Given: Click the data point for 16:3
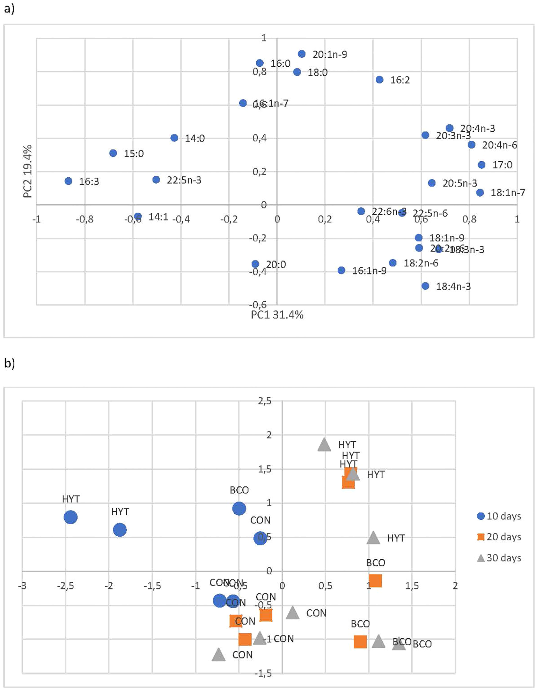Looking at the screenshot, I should (x=68, y=181).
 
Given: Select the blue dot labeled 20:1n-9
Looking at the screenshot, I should (x=302, y=54).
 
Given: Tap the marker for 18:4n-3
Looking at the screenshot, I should (x=425, y=286).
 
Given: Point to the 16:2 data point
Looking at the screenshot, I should (x=380, y=80).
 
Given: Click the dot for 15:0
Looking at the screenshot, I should (x=113, y=153).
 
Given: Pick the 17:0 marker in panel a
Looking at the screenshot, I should (x=482, y=164).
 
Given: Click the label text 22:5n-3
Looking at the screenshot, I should (x=184, y=180).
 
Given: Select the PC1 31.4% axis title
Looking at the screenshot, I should (x=277, y=315).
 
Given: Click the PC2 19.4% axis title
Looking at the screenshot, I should (x=28, y=171).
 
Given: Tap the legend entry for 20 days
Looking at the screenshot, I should (x=499, y=537).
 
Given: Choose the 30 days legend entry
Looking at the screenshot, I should (x=499, y=558).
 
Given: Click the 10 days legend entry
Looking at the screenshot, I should (x=499, y=516).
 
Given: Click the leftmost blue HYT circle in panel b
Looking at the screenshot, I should (x=71, y=517).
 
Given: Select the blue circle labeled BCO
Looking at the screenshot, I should (x=239, y=508).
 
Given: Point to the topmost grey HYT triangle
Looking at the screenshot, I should (x=324, y=445).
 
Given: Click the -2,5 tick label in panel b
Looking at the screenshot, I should (x=65, y=586).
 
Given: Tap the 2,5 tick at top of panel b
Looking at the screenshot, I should (x=264, y=401).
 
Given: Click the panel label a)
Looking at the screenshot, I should (x=9, y=9).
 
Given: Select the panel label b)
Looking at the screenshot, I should (x=9, y=363).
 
